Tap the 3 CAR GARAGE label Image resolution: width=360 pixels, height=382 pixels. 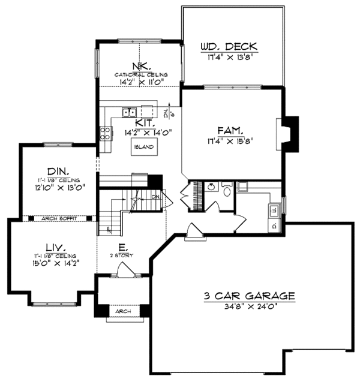248,296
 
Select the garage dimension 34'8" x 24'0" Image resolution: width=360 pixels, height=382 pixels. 248,306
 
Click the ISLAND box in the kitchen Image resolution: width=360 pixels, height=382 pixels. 143,147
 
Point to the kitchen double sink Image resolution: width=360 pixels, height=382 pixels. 129,112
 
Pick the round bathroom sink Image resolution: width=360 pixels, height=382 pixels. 211,188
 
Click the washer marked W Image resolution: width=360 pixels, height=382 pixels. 274,209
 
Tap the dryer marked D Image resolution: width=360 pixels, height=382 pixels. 274,226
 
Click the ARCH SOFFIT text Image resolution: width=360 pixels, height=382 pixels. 59,218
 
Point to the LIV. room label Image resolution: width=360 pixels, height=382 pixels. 52,246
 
